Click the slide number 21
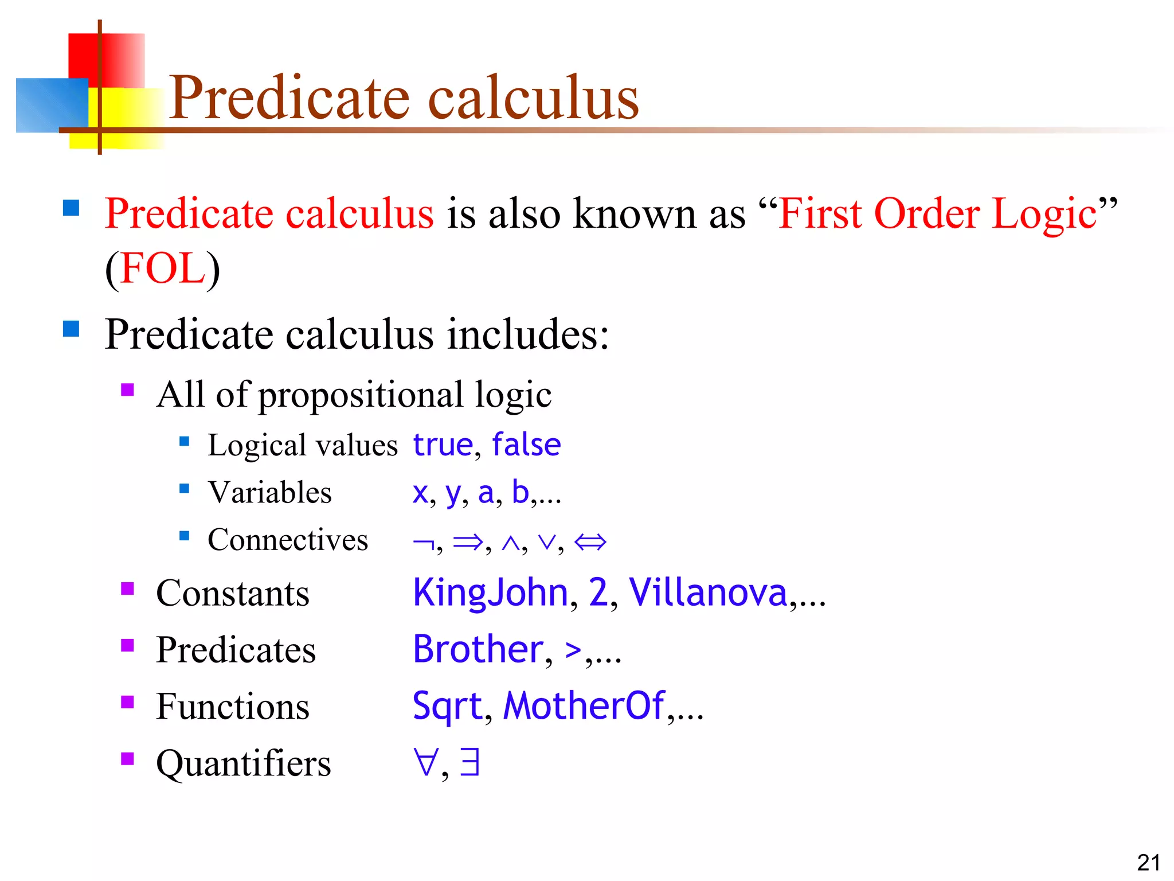click(x=1148, y=863)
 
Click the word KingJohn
click(x=490, y=592)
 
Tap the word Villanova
click(x=708, y=592)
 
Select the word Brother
click(x=478, y=649)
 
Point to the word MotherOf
click(x=584, y=705)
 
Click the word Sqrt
click(x=447, y=707)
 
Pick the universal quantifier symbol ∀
click(x=425, y=762)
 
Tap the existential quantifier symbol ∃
click(x=469, y=762)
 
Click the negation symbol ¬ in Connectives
click(x=423, y=542)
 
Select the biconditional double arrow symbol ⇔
click(x=590, y=541)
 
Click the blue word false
click(x=526, y=445)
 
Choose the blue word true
click(x=443, y=445)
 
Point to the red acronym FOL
click(x=163, y=268)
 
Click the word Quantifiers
click(x=244, y=763)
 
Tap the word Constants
click(x=233, y=593)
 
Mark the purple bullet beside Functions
click(x=127, y=702)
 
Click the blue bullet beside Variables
click(x=184, y=489)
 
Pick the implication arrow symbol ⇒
click(x=468, y=541)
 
